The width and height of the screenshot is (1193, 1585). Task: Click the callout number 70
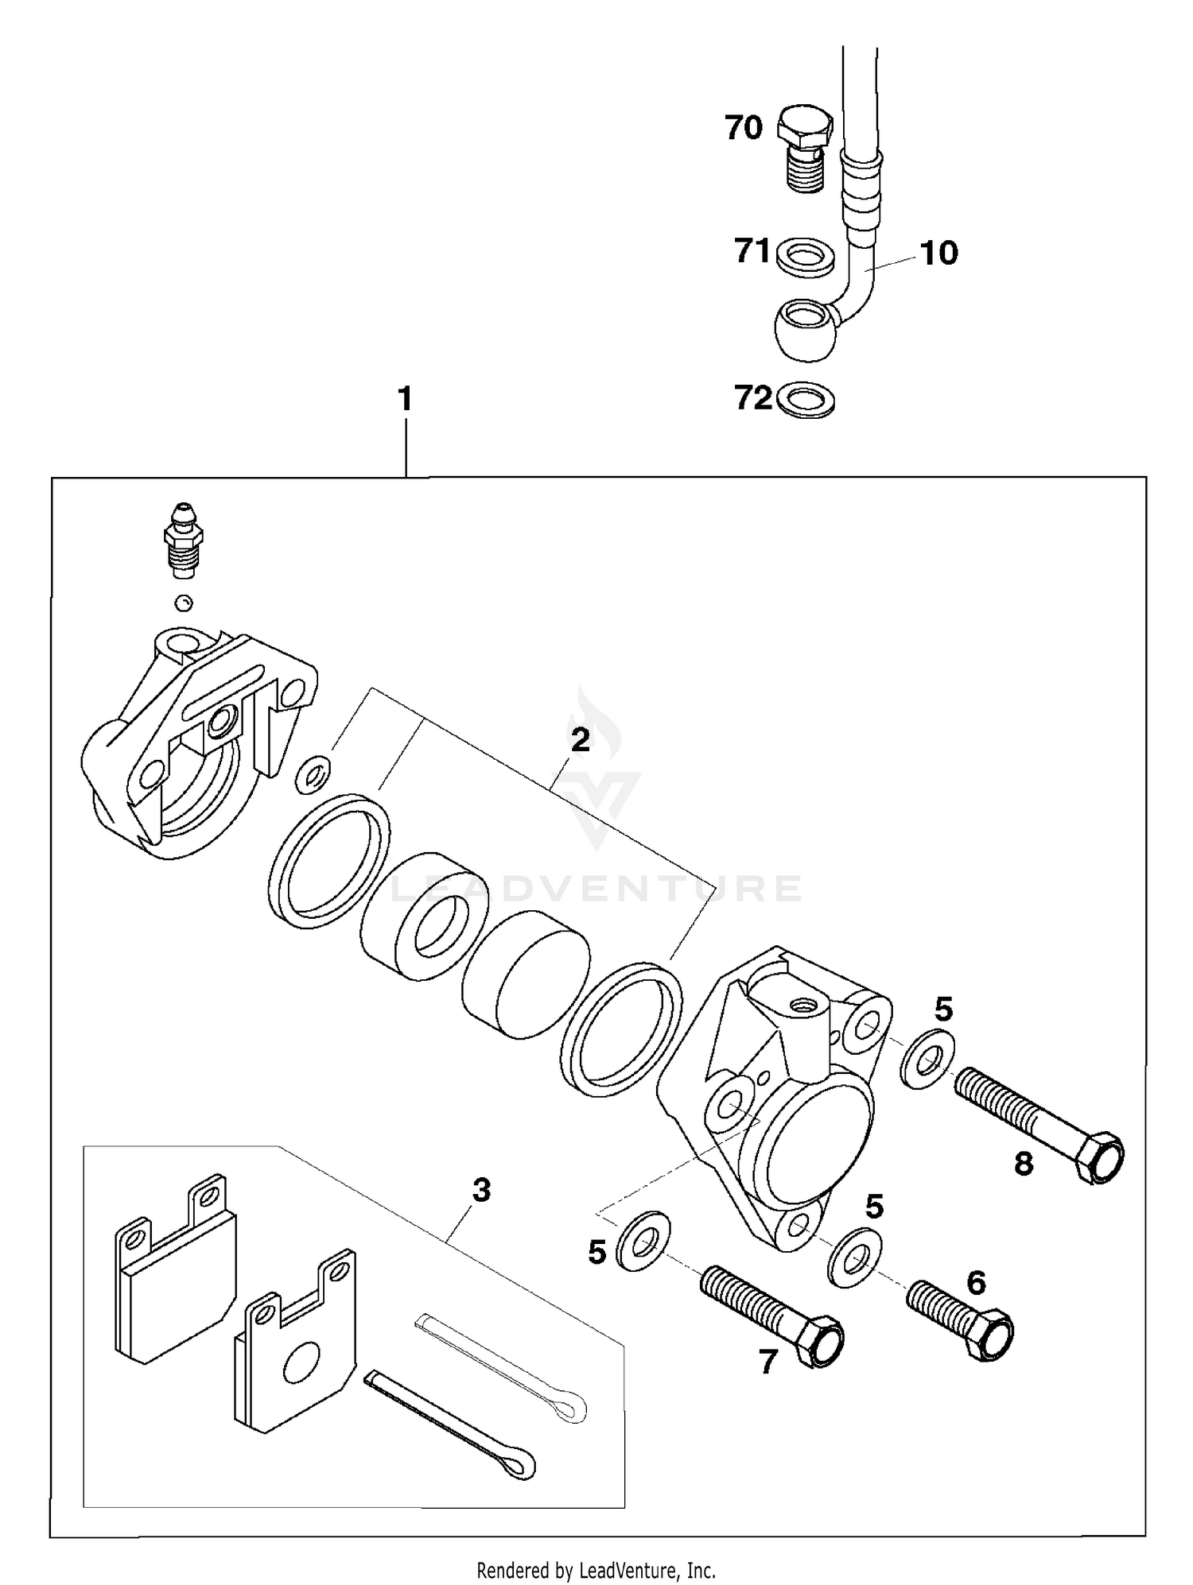coord(744,127)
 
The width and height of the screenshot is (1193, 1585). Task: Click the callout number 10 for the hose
coord(939,253)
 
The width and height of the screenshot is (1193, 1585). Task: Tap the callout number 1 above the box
coord(406,399)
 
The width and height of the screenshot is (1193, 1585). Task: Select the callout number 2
coord(581,740)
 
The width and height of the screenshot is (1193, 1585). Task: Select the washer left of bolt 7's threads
coord(643,1242)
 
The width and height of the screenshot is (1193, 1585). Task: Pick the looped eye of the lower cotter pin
coord(517,1461)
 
